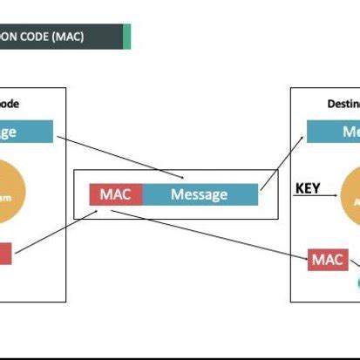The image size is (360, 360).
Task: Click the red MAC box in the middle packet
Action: [115, 194]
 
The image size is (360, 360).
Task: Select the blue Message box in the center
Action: [200, 194]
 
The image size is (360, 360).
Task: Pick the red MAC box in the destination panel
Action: [329, 259]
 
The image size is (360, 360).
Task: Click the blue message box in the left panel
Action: [26, 132]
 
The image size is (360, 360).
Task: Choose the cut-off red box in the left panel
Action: [5, 254]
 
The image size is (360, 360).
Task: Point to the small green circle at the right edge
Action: [357, 282]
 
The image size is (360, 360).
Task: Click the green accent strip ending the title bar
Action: [127, 37]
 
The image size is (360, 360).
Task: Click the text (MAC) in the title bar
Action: [67, 37]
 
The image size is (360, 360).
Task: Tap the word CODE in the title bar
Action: [32, 37]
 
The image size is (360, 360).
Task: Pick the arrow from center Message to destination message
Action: [281, 161]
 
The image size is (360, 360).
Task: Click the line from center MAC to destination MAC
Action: [218, 234]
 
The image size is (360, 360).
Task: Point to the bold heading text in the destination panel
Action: [343, 104]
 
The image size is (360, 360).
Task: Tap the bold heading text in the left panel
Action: [9, 104]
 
